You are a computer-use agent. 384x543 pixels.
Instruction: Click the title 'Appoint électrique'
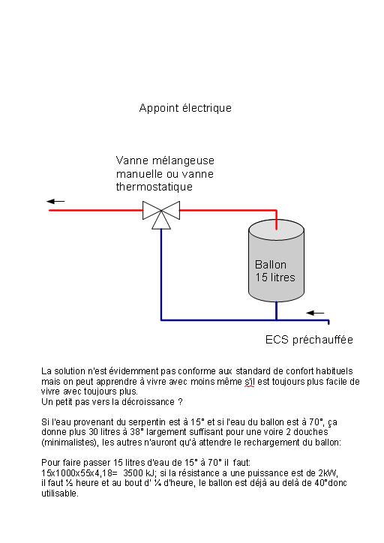click(185, 108)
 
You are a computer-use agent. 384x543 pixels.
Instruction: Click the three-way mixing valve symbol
click(161, 214)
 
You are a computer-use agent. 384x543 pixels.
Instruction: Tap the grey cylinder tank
click(276, 260)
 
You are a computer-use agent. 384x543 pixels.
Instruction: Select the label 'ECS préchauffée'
click(309, 340)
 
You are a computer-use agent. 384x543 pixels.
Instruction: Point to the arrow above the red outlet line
click(55, 201)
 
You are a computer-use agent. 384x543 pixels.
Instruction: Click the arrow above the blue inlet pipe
click(315, 313)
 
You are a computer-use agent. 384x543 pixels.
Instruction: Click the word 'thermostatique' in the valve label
click(154, 187)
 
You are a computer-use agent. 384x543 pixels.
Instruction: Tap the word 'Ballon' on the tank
click(271, 265)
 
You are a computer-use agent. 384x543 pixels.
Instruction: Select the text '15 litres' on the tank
click(275, 277)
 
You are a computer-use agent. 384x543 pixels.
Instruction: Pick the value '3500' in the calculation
click(133, 473)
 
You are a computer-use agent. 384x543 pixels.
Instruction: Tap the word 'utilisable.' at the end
click(60, 493)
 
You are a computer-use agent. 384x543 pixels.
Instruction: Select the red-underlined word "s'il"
click(249, 382)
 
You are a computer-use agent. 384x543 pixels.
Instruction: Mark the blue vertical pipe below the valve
click(161, 274)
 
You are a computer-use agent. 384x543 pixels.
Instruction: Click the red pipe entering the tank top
click(276, 220)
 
